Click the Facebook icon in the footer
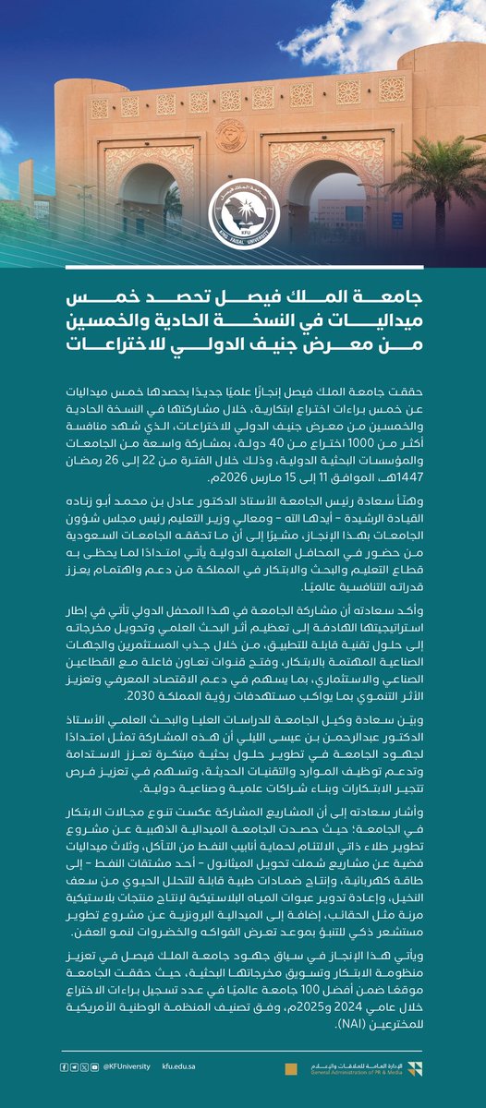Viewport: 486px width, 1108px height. click(63, 1066)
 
